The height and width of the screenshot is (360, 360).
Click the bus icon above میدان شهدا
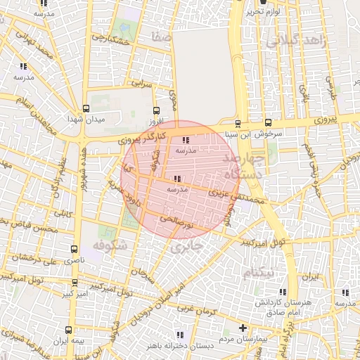86,109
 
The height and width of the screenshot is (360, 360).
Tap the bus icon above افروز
156,110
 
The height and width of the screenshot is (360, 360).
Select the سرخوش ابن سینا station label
259,133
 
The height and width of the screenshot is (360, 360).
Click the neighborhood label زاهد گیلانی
303,41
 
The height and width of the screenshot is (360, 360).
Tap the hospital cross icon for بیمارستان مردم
243,328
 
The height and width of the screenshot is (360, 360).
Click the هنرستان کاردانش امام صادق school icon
283,292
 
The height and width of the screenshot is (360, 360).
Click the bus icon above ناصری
75,249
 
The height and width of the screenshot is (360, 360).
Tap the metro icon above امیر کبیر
75,282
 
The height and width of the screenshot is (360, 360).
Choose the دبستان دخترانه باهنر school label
174,345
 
